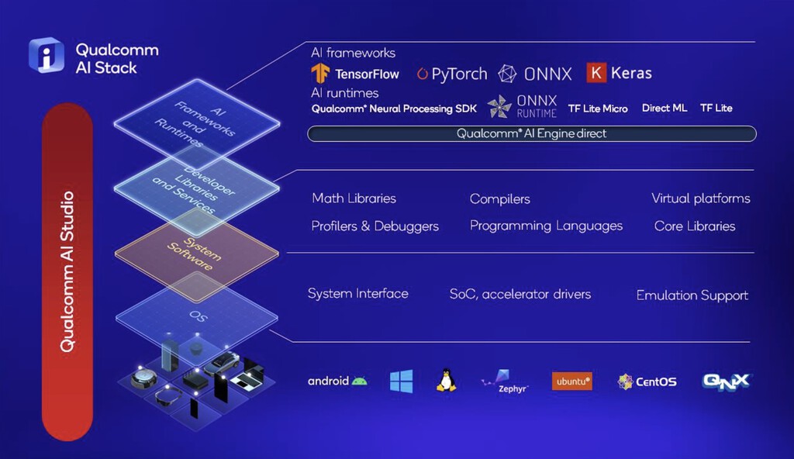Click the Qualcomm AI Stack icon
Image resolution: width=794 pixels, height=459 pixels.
46,56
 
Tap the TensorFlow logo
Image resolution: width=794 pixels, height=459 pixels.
355,74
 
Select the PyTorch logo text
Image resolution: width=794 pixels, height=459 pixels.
452,74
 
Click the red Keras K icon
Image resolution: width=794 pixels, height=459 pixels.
595,74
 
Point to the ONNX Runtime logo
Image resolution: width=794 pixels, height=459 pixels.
523,106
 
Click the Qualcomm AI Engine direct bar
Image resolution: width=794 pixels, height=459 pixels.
531,133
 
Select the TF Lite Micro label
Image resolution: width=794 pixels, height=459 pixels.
597,109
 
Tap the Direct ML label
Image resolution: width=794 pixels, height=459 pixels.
665,108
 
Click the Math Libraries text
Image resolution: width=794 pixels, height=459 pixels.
354,198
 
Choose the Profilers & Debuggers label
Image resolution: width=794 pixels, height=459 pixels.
375,226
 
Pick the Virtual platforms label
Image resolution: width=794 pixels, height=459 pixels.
700,198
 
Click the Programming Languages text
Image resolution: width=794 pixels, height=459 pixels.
546,226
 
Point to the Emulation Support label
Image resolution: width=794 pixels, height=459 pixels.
692,295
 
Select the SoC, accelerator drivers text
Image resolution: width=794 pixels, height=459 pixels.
520,295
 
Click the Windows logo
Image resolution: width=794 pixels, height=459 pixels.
401,381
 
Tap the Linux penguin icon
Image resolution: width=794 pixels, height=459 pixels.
446,380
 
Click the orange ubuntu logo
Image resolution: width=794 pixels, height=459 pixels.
572,381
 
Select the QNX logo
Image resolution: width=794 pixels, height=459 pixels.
726,381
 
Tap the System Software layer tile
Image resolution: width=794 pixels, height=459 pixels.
195,251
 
